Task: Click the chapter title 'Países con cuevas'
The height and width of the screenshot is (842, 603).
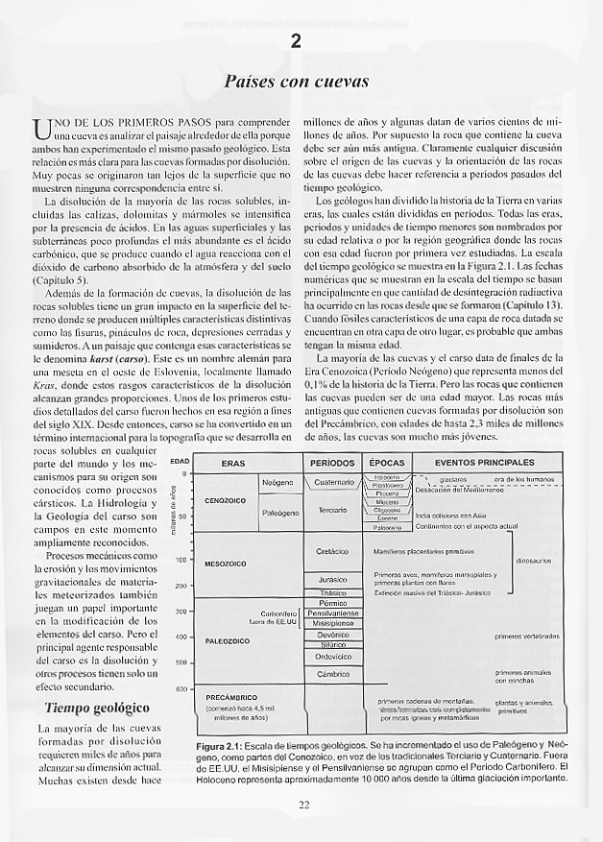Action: pos(296,83)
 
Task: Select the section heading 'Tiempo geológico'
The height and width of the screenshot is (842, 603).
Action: pos(97,709)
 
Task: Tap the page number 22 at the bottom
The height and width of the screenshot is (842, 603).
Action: pos(302,805)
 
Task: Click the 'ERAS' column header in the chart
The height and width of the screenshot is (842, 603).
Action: pos(233,463)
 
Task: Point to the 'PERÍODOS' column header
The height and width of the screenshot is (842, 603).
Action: pos(332,463)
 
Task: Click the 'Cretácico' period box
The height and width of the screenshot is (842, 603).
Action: pos(332,552)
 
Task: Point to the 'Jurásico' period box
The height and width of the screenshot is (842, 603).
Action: pos(332,580)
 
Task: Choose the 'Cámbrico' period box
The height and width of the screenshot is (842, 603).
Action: pos(332,675)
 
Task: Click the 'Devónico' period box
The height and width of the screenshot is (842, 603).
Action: pos(332,635)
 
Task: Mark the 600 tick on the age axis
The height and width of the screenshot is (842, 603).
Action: pos(181,688)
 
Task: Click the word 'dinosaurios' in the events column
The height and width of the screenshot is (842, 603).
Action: pos(533,560)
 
